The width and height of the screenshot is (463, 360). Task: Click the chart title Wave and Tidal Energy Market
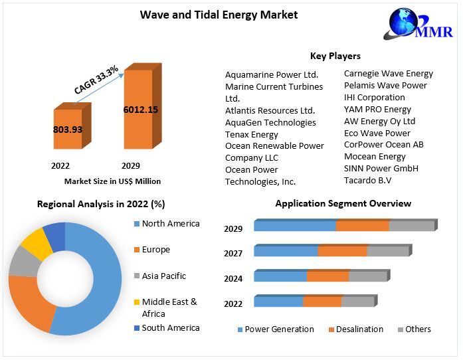pos(219,15)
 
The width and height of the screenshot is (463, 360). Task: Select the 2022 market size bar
pos(67,130)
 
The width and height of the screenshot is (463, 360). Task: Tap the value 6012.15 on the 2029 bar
pos(141,110)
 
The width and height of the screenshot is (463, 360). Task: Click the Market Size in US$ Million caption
pos(112,181)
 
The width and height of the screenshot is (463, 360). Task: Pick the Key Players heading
pos(335,56)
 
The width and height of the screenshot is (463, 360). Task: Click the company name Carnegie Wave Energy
pos(388,74)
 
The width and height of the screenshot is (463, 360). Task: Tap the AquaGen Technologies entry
pos(270,122)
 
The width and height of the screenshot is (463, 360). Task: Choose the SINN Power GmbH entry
pos(381,169)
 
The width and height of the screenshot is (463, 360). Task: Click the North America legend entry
pos(170,224)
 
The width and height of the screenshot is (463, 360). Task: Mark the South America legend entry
pos(170,328)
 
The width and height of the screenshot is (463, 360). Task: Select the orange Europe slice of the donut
pos(30,302)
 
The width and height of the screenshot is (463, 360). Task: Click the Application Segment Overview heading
pos(343,204)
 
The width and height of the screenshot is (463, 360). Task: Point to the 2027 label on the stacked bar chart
pos(233,254)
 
